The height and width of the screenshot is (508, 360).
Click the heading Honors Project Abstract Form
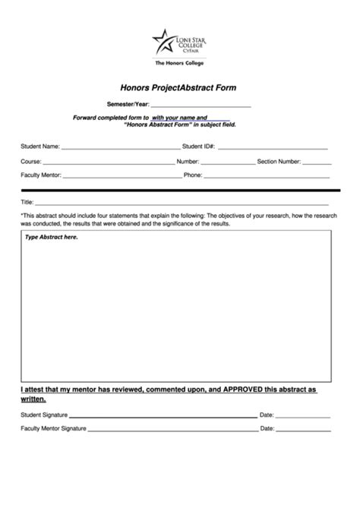[179, 87]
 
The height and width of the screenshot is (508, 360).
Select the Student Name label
[40, 147]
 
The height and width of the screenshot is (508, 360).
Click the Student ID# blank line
[273, 147]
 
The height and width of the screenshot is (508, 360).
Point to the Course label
[30, 162]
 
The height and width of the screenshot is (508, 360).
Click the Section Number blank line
[317, 162]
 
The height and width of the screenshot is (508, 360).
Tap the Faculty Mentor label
[40, 175]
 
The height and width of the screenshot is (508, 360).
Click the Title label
[27, 202]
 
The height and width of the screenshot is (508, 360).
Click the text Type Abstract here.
[52, 237]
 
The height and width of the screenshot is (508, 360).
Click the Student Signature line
[163, 416]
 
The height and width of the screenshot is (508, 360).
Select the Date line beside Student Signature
[303, 416]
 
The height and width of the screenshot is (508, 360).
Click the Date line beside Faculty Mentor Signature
[303, 429]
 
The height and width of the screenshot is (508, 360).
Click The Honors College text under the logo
[179, 63]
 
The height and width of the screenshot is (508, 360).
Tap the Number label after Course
[188, 162]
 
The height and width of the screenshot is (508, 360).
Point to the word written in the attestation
[33, 398]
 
